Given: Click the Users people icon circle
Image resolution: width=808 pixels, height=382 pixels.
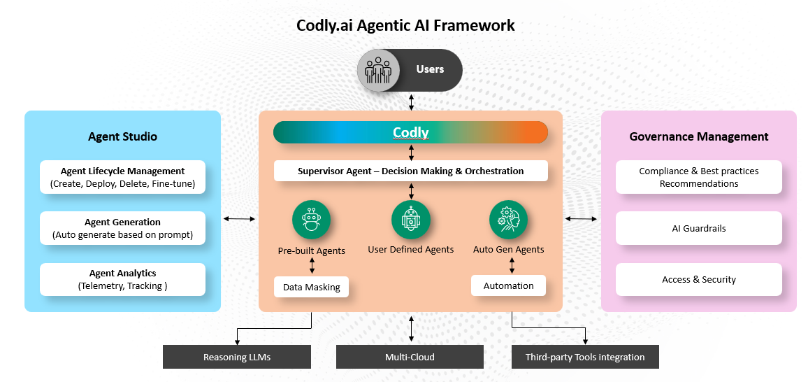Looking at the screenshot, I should [x=378, y=70].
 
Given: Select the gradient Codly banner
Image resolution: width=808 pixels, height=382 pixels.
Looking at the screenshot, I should [x=410, y=132].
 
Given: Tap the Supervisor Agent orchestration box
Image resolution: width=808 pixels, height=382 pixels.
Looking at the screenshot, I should [x=410, y=171].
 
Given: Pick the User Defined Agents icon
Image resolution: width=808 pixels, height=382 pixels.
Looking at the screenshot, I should [x=411, y=220].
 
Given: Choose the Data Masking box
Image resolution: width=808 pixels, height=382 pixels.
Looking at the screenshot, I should [x=311, y=287].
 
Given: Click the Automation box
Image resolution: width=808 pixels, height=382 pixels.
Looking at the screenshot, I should [x=508, y=285].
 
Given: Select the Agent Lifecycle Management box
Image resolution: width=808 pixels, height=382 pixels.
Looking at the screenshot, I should [x=122, y=178].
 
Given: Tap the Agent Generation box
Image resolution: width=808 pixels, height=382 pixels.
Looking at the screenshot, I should [x=122, y=228].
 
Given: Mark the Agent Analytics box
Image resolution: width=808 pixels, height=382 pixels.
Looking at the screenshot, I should [x=122, y=279].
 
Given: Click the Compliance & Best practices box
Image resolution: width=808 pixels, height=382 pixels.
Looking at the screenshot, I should [x=698, y=177].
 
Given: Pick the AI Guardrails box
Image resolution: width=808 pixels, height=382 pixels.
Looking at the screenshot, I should [x=698, y=228].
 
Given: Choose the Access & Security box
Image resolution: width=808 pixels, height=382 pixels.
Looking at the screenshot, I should [x=698, y=279].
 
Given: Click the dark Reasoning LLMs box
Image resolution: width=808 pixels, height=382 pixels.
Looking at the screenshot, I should [x=237, y=357].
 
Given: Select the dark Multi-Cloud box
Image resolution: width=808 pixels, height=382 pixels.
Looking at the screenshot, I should [x=410, y=357].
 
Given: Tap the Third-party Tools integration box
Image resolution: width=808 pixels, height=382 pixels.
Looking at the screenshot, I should [x=585, y=357].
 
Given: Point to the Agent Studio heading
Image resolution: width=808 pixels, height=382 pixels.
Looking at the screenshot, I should [x=122, y=136].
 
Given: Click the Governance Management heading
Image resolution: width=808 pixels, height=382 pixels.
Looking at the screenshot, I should [x=698, y=136].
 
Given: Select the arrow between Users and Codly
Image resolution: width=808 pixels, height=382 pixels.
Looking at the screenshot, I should [x=411, y=101].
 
